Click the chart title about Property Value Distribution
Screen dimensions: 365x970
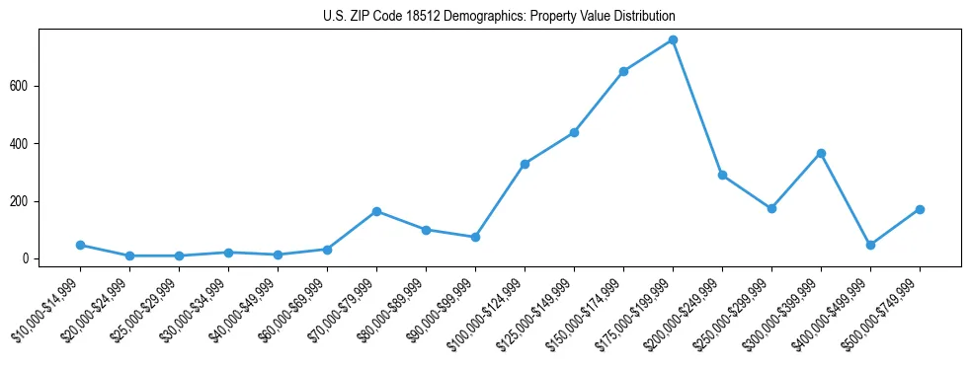pos(499,17)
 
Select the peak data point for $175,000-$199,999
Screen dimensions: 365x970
pos(673,39)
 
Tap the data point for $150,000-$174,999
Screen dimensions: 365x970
pos(623,71)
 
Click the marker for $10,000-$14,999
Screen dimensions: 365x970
pos(80,245)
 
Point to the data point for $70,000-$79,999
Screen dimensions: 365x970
pos(376,211)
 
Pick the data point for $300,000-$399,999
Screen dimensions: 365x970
pos(821,153)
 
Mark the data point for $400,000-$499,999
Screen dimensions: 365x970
pos(870,245)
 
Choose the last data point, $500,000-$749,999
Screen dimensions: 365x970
pos(920,209)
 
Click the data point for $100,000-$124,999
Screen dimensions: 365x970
pos(525,164)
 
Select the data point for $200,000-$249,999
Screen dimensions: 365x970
pos(722,175)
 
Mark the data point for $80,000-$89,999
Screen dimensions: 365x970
pos(426,230)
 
